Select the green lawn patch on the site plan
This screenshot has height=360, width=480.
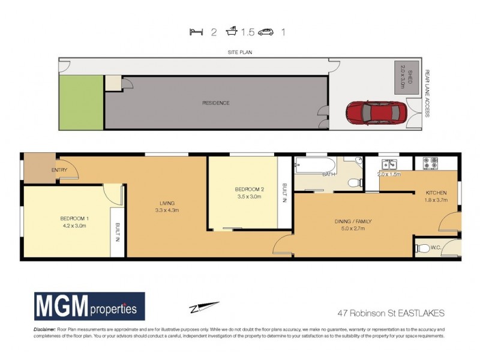click(81, 102)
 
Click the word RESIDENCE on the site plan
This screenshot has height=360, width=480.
click(215, 103)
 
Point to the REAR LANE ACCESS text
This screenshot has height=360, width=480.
click(428, 94)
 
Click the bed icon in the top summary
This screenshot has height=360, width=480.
click(194, 32)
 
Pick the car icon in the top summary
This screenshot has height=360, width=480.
click(266, 32)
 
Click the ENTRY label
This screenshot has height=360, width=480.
click(59, 170)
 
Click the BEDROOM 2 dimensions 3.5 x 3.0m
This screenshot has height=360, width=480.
click(249, 196)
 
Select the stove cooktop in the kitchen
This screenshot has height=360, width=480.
click(432, 162)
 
